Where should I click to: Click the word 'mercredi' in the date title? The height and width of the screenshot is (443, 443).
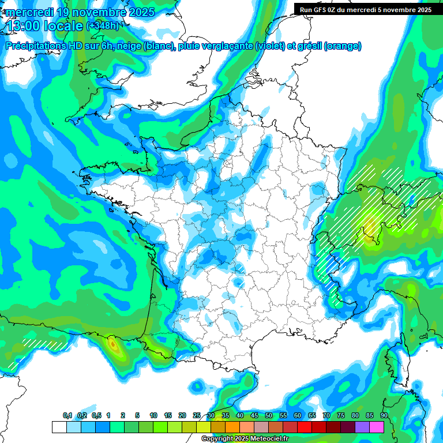[x=28, y=12]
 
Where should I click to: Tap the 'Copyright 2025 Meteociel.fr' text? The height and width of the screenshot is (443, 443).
[x=245, y=439]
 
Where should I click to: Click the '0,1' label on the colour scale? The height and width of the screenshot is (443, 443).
[x=67, y=416]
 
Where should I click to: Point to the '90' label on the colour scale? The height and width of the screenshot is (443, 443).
[x=384, y=416]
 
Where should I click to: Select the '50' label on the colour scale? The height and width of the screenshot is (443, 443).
[x=269, y=416]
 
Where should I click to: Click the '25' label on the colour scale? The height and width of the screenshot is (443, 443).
[x=197, y=416]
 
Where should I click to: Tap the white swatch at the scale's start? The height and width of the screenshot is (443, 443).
[x=59, y=427]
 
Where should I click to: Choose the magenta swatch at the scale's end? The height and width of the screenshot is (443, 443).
[x=377, y=427]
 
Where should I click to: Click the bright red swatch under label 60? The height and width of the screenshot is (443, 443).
[x=305, y=427]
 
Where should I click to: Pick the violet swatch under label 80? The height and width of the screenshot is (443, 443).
[x=362, y=427]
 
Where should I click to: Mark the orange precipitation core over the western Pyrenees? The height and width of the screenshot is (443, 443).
[x=114, y=346]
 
